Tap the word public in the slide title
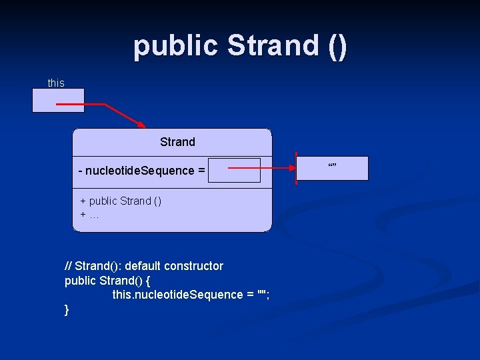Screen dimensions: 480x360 [x=176, y=45]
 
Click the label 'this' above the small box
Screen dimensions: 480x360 [x=56, y=83]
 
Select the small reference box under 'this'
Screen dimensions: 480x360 [x=58, y=100]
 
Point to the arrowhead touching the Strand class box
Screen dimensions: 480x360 [x=141, y=124]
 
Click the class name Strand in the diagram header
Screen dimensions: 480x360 [x=177, y=142]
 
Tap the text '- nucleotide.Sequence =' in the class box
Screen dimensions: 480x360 [x=141, y=171]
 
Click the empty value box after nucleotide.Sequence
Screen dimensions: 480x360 [x=233, y=170]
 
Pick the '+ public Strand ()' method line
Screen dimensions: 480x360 [x=121, y=201]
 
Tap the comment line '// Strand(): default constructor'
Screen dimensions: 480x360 [x=144, y=266]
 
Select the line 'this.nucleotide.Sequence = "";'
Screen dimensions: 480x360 [x=191, y=295]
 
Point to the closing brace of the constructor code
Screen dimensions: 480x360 [x=67, y=309]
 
